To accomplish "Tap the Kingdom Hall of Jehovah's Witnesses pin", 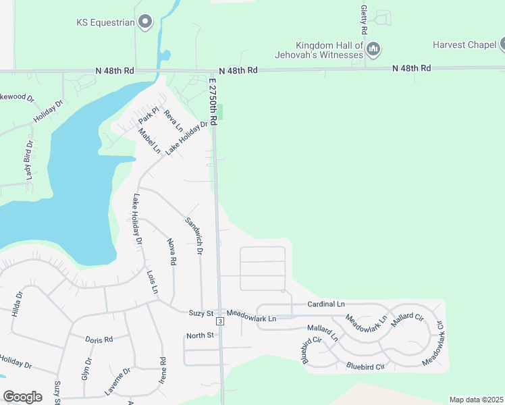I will pyautogui.click(x=374, y=49).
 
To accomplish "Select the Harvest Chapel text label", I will pyautogui.click(x=464, y=46).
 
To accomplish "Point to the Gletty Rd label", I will pyautogui.click(x=364, y=20).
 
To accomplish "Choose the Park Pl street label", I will pyautogui.click(x=148, y=115).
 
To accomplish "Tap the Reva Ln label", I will pyautogui.click(x=174, y=119).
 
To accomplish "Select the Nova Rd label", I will pyautogui.click(x=172, y=251).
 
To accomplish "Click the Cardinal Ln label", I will pyautogui.click(x=326, y=304).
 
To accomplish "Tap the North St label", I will pyautogui.click(x=200, y=335).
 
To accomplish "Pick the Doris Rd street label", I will pyautogui.click(x=99, y=340).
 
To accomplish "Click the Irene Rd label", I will pyautogui.click(x=163, y=371).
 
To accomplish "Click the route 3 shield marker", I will pyautogui.click(x=220, y=321).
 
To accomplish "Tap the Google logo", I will pyautogui.click(x=22, y=397).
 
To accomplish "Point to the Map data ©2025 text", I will pyautogui.click(x=476, y=400).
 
